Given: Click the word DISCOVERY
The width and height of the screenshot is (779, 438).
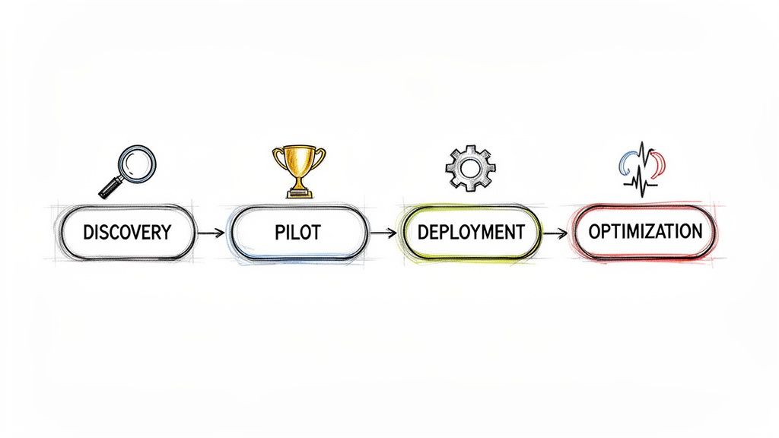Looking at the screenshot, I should point(128,231).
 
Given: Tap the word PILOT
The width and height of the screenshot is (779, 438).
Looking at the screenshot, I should point(297,231).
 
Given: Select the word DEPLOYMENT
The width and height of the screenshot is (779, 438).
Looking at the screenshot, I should point(472,231).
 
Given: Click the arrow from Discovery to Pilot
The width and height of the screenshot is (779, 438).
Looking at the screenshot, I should point(211,232).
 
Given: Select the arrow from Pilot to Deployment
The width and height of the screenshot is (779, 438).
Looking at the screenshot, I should point(383,232).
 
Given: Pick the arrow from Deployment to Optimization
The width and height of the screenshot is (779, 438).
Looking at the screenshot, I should point(556,232).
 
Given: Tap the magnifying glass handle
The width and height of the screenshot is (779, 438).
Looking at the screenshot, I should point(110,186).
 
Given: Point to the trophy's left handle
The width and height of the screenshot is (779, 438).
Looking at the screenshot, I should point(278,157).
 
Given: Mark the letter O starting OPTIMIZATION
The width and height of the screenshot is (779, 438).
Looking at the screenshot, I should point(596,231).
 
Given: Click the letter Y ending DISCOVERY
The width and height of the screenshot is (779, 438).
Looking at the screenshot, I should point(166,231).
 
